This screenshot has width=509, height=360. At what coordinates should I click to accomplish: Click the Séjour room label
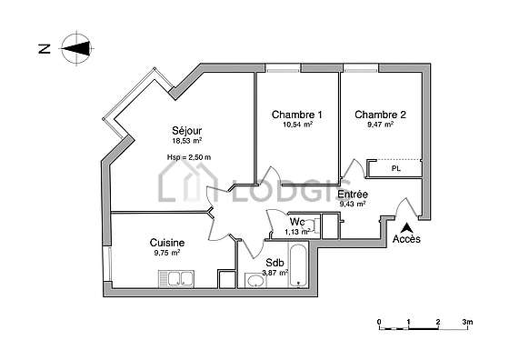click(x=187, y=131)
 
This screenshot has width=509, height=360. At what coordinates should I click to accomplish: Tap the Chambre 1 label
click(x=297, y=115)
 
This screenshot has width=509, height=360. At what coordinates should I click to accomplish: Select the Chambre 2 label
click(x=380, y=115)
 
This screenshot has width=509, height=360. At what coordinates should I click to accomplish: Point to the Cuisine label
click(x=167, y=243)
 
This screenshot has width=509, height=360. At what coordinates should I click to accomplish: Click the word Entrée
click(x=353, y=195)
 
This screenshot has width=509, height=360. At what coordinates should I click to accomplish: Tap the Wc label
click(x=297, y=222)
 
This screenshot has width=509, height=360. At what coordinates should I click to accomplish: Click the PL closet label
click(x=396, y=169)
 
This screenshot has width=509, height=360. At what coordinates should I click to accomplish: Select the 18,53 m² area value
click(x=187, y=141)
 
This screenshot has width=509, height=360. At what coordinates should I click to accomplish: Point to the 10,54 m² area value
click(x=298, y=124)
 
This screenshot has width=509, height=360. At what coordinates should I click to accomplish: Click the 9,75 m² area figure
click(x=167, y=253)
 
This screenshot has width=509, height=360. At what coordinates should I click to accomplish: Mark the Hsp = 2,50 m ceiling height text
click(x=189, y=157)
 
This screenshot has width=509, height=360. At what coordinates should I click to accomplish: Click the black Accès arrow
click(x=406, y=228)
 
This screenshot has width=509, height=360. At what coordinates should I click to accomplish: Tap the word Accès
click(x=406, y=239)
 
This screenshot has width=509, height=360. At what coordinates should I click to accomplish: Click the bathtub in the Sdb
click(x=298, y=265)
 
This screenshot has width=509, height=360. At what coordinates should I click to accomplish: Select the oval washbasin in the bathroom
click(x=255, y=281)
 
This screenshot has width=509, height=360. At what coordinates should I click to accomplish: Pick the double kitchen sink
click(x=176, y=279)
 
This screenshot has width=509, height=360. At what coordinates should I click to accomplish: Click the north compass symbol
click(x=76, y=49)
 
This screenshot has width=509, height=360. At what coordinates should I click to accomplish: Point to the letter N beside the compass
click(x=45, y=49)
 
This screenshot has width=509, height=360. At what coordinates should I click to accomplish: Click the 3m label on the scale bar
click(x=467, y=322)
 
